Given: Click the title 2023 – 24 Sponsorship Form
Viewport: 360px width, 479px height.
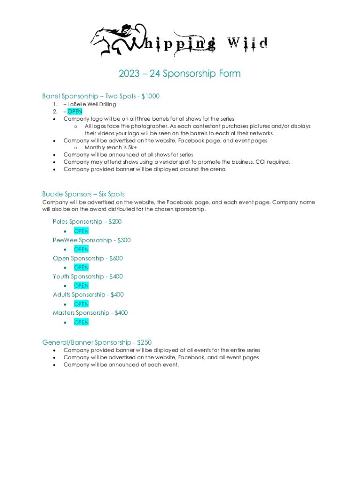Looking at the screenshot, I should click(180, 73).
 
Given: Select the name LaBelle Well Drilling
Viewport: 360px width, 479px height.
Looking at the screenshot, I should click(92, 104).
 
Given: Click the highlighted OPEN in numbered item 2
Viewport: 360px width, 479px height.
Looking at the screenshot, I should click(75, 111).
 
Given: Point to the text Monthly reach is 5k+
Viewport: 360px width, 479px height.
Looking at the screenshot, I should click(110, 147).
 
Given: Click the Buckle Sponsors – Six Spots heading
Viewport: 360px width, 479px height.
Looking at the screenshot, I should click(83, 194).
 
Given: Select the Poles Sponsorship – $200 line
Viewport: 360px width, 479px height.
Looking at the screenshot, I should click(87, 222).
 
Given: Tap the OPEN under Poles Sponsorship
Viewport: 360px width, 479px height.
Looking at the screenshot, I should click(81, 231).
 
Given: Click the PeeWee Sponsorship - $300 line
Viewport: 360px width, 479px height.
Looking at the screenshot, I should click(92, 240).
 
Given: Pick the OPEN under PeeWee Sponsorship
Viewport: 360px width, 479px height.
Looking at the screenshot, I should click(81, 249).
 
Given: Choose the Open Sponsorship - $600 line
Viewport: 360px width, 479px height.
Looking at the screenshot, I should click(88, 258).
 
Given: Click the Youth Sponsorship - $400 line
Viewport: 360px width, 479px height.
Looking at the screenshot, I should click(88, 276).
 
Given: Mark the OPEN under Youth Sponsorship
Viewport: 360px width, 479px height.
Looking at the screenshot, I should click(81, 286).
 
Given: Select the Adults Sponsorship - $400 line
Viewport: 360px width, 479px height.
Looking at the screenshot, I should click(88, 295).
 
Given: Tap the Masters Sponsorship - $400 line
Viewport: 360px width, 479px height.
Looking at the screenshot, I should click(90, 313).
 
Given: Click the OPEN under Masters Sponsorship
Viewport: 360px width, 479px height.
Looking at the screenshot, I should click(81, 322).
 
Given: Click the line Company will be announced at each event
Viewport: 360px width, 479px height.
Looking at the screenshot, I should click(121, 365).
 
